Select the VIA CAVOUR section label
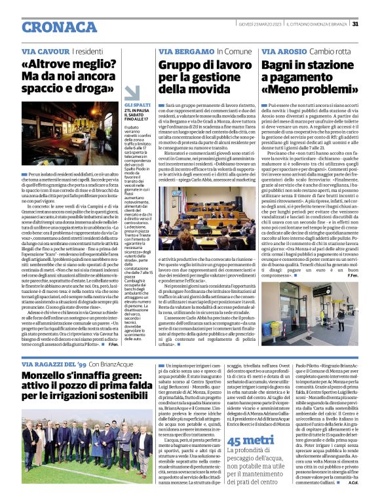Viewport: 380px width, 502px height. coord(44,50)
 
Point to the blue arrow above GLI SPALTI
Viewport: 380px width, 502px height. coord(132,93)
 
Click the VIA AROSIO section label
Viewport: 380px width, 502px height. coord(282,50)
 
